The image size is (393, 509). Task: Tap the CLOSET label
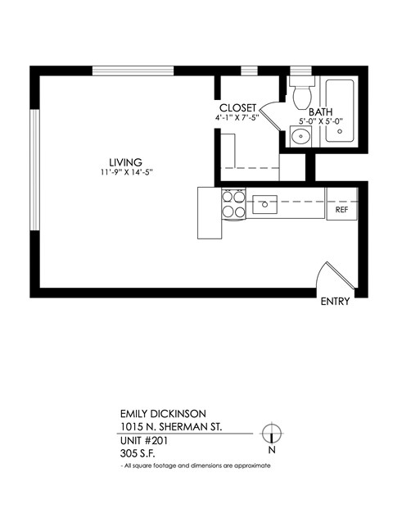click(238, 108)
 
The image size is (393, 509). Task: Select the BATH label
click(320, 111)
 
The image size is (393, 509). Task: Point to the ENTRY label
click(336, 302)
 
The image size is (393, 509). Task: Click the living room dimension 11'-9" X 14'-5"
click(123, 172)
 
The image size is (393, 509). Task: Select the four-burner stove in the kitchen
click(233, 203)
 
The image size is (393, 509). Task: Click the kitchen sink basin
click(265, 203)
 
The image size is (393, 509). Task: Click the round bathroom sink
click(300, 136)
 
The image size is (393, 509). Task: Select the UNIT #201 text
click(140, 439)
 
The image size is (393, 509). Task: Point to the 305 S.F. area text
click(137, 452)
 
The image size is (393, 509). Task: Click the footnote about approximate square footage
click(195, 465)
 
